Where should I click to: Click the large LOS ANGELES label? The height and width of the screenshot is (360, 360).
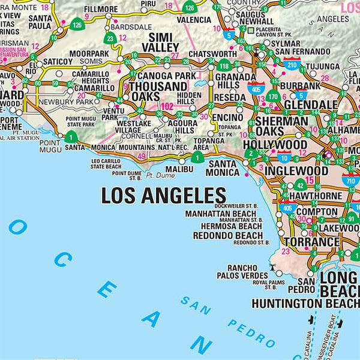(163, 196)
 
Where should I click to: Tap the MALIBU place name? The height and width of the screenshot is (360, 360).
(180, 170)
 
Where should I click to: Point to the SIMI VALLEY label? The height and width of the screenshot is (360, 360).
(161, 42)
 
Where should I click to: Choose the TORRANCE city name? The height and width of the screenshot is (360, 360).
(311, 242)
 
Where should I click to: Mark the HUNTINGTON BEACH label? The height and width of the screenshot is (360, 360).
(305, 304)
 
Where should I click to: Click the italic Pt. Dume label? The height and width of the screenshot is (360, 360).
(159, 176)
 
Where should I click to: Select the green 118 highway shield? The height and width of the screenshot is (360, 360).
(224, 67)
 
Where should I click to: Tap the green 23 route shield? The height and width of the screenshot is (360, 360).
(110, 39)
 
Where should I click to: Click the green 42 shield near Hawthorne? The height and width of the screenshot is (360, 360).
(300, 186)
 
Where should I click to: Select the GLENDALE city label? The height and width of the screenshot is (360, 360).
(312, 104)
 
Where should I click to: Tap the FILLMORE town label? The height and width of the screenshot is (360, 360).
(101, 10)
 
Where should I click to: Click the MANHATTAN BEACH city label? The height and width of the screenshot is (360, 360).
(220, 214)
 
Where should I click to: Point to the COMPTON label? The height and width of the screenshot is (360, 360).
(316, 212)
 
